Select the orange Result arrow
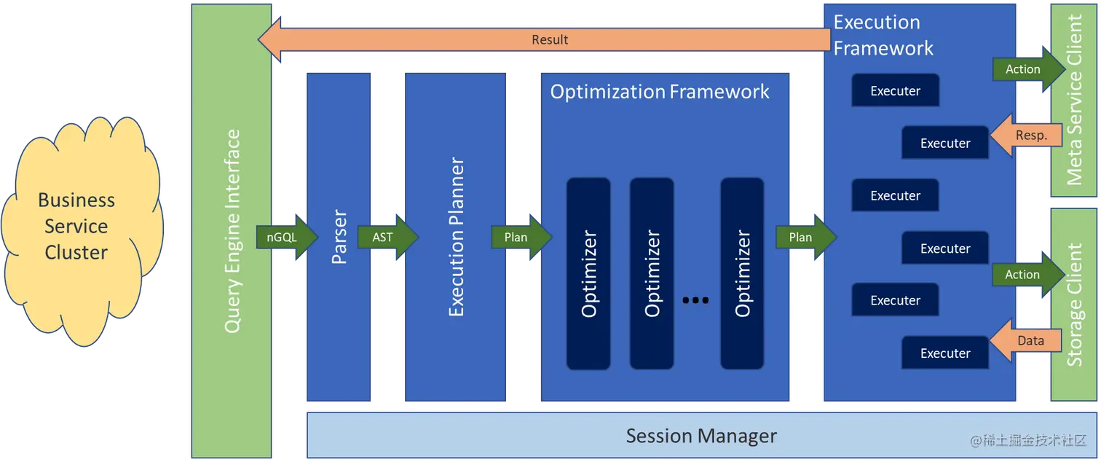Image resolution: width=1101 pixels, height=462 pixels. (x=550, y=39)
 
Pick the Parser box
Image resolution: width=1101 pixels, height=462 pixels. (x=339, y=237)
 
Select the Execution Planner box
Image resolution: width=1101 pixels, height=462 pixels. (x=455, y=237)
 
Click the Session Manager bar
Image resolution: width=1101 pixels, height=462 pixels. (x=701, y=436)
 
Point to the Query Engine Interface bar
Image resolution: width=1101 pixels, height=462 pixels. (x=232, y=232)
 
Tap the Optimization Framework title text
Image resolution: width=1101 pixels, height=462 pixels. (x=659, y=92)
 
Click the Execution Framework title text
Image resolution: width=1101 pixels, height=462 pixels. (x=883, y=35)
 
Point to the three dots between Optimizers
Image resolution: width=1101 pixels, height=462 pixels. (x=695, y=299)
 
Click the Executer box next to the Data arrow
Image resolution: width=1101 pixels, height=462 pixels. (x=944, y=353)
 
